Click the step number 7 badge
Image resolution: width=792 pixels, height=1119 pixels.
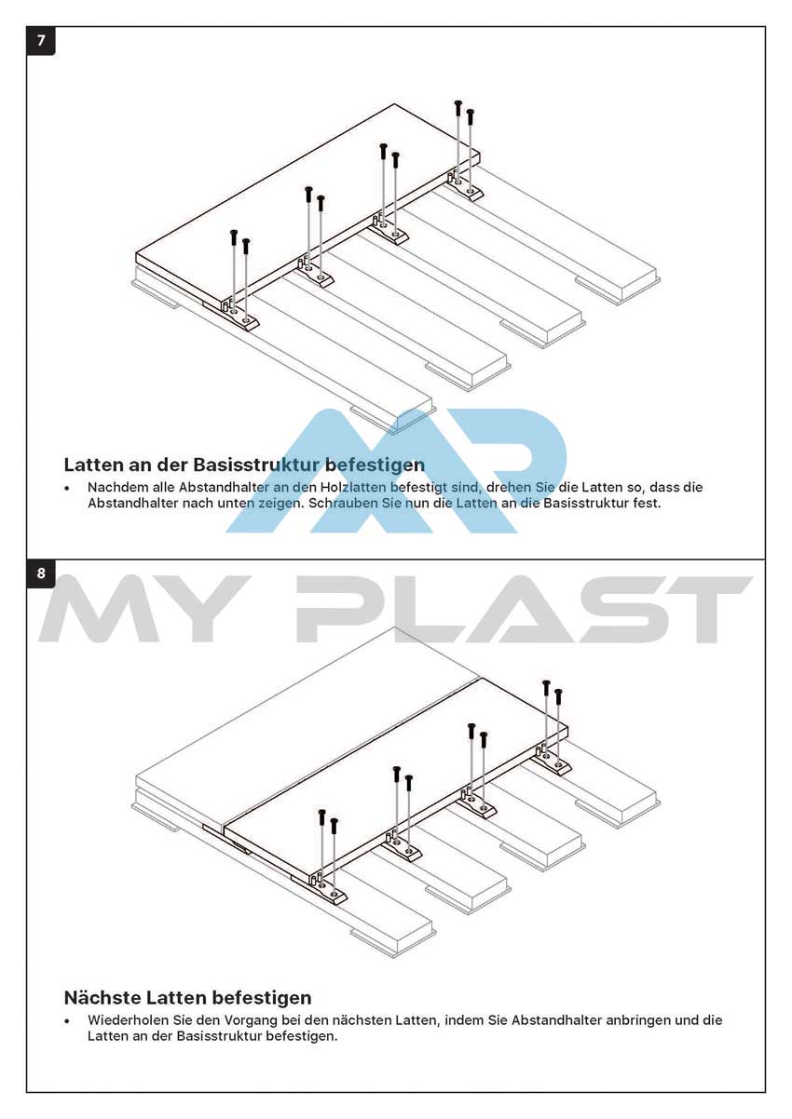[x=41, y=40]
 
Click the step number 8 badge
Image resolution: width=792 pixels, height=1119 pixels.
[x=41, y=573]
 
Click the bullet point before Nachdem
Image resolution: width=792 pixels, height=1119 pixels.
[x=66, y=488]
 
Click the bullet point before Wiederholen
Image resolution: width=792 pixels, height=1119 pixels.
[x=66, y=1021]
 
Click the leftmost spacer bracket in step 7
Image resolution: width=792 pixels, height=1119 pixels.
[x=240, y=316]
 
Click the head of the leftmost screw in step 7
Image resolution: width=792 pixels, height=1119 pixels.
[x=233, y=233]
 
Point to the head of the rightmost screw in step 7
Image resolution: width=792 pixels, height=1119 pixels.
[x=470, y=112]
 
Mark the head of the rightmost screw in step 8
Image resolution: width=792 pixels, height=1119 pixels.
[x=558, y=692]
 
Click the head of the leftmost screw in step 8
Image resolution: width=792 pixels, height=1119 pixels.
[x=322, y=812]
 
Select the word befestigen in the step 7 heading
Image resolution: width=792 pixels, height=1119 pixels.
[x=375, y=465]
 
